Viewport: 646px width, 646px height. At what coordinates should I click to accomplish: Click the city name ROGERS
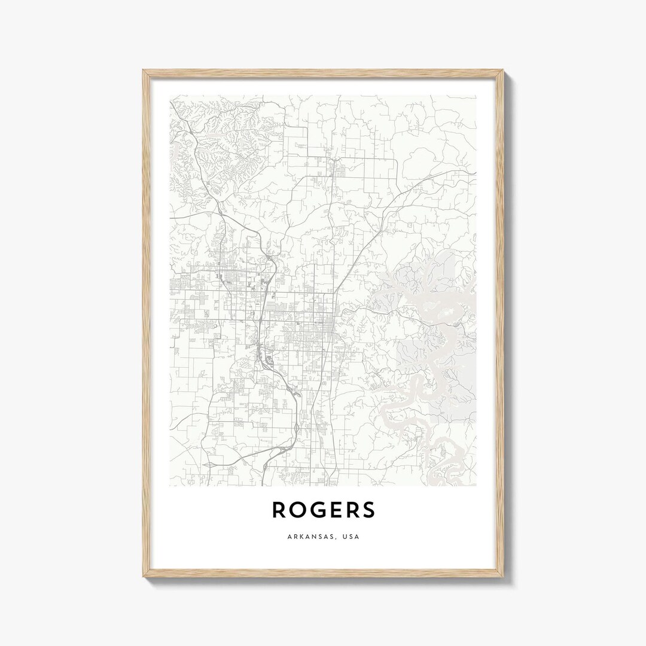click(x=324, y=510)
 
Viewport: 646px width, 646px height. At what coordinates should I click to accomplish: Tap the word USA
click(x=352, y=537)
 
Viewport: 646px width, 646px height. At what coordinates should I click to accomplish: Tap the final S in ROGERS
click(x=368, y=510)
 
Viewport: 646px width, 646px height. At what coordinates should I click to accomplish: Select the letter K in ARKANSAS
click(x=300, y=537)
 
